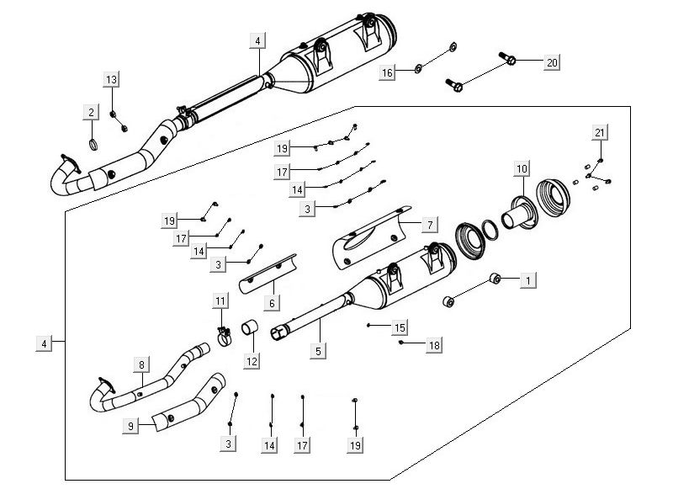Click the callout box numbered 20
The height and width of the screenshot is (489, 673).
coord(552,62)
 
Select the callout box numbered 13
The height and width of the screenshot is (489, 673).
coord(112,79)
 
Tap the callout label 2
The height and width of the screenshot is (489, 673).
coord(88,112)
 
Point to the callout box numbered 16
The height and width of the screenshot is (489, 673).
coord(387,73)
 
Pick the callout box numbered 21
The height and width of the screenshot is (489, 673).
coord(599,133)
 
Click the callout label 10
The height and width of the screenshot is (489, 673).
coord(521,169)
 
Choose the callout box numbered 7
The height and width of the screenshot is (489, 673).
coord(429,225)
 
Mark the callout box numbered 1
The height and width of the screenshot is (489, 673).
coord(527,278)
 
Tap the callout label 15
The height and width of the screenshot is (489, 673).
coord(400,327)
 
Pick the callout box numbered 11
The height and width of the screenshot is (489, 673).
coord(220,300)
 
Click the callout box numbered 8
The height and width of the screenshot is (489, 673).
coord(141,364)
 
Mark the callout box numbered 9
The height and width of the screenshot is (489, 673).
coord(130,427)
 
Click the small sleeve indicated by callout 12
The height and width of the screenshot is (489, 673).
coord(251,327)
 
